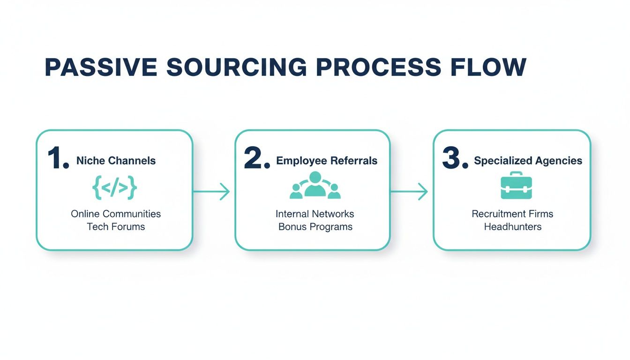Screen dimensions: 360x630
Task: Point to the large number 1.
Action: coord(57,159)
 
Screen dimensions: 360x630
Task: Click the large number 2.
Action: coord(256,159)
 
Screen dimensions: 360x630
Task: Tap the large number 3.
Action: coord(454,159)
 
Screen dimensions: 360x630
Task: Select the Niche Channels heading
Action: coord(116,161)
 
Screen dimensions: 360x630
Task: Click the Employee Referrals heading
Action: coord(327,161)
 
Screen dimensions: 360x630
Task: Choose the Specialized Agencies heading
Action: coord(528,161)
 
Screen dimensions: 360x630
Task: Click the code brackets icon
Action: coord(115,188)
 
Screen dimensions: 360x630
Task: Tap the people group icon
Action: coord(315,186)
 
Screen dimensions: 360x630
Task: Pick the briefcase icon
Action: coord(516,186)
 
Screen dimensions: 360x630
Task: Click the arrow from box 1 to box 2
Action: coord(212,191)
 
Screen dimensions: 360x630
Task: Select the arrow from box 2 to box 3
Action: coord(410,191)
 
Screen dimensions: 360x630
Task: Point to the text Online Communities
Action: coord(116,214)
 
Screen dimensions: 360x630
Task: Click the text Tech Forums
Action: coord(116,227)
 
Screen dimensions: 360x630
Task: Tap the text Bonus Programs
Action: coord(315,227)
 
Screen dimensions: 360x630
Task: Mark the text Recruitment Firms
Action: coord(512,214)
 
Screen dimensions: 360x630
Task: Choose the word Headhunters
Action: coord(512,227)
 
